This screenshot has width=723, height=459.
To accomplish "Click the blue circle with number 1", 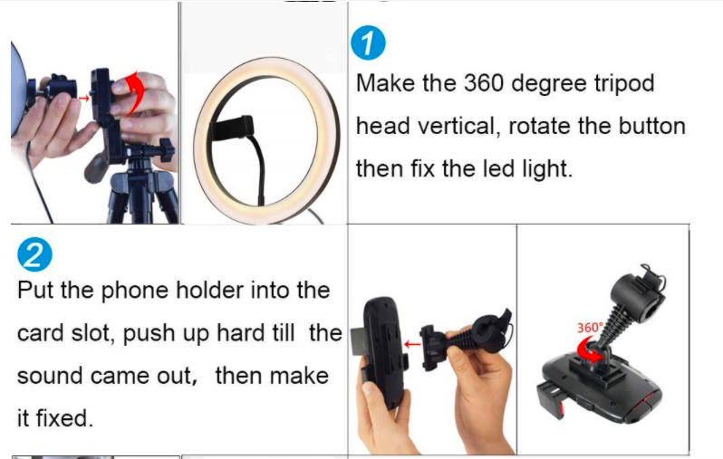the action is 368,43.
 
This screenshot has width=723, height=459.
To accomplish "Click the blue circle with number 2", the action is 34,254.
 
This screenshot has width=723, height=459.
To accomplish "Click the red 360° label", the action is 590,328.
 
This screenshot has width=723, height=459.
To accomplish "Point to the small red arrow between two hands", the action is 84,98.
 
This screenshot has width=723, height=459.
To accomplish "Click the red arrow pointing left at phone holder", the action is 411,344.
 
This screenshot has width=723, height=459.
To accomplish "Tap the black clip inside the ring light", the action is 232,128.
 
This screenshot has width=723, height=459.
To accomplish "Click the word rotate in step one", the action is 539,126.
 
